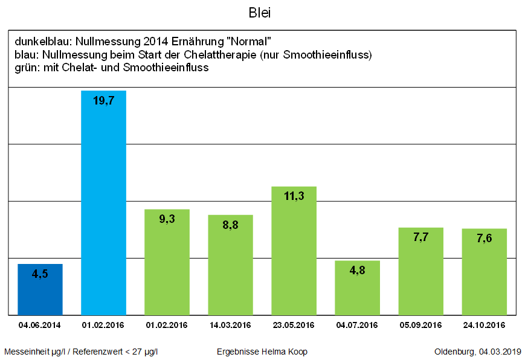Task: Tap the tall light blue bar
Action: [103, 205]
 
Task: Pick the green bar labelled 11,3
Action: [294, 254]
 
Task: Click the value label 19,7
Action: [103, 101]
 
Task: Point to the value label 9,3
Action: [167, 219]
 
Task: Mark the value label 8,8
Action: [230, 225]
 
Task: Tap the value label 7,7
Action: [420, 237]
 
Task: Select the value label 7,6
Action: [484, 239]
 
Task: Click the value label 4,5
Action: [40, 274]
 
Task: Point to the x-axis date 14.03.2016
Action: [230, 325]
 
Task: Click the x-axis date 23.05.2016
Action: [294, 325]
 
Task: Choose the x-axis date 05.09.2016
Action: [420, 325]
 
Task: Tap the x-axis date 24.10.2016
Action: [484, 325]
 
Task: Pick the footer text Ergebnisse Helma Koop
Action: [262, 352]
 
